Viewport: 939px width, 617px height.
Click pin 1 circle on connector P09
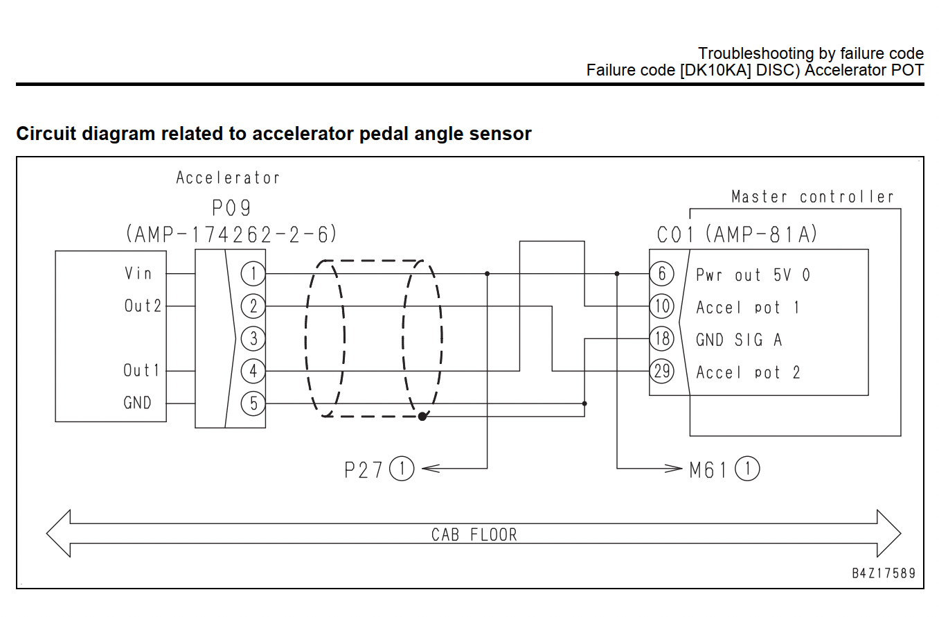[253, 274]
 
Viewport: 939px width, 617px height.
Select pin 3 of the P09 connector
[253, 338]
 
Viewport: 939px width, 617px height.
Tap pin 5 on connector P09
[253, 403]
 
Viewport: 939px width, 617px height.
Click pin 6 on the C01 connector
[662, 274]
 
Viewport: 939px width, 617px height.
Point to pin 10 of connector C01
[662, 306]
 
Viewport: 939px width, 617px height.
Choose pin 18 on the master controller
[662, 338]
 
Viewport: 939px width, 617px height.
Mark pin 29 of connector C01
[662, 371]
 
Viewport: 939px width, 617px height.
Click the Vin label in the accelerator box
[138, 274]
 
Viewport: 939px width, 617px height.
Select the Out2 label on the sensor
[143, 306]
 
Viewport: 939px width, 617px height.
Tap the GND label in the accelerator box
[137, 403]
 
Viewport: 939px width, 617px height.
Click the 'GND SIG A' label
[739, 340]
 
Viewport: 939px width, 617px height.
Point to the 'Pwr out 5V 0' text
[753, 275]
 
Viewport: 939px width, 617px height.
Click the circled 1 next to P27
[402, 469]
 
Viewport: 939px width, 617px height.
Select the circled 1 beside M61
[747, 469]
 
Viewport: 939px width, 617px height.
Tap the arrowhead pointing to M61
[673, 469]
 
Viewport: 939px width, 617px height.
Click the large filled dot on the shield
[422, 417]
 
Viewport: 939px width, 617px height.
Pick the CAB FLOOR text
[474, 535]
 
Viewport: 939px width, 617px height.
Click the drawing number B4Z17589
[884, 573]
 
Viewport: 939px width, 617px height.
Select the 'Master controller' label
[812, 197]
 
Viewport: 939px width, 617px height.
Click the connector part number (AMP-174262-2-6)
[231, 234]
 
